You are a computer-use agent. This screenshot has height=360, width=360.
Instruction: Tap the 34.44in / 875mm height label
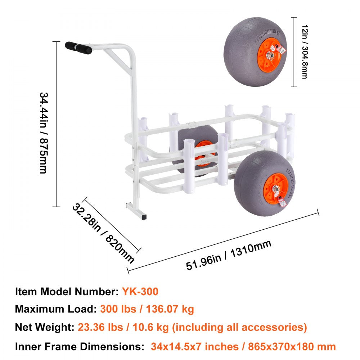43,133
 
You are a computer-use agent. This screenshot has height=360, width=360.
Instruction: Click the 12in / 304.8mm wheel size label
304,52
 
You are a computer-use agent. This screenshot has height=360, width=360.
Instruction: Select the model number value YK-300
140,291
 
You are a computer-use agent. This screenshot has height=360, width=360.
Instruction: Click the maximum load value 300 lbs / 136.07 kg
147,309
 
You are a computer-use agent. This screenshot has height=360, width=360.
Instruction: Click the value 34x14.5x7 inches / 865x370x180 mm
243,346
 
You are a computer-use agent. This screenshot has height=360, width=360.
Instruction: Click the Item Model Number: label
67,291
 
